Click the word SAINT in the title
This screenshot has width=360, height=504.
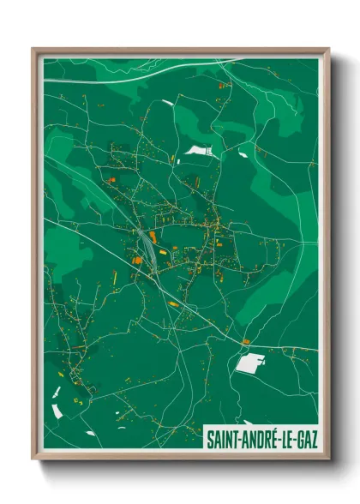pyautogui.click(x=222, y=439)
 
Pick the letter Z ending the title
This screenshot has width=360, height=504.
pyautogui.click(x=314, y=439)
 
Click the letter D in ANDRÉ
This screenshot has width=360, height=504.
pyautogui.click(x=261, y=439)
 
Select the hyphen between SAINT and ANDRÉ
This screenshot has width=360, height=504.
pyautogui.click(x=239, y=440)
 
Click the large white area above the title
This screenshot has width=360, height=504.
pyautogui.click(x=249, y=364)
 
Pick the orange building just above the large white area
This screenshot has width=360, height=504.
pyautogui.click(x=246, y=342)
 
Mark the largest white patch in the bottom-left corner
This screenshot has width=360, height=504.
pyautogui.click(x=57, y=410)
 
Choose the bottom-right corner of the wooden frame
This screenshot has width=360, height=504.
pyautogui.click(x=328, y=460)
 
